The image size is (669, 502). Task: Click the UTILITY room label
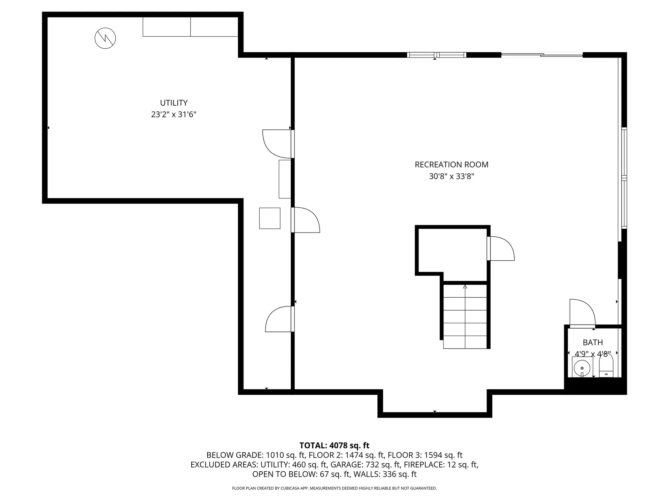pyautogui.click(x=174, y=103)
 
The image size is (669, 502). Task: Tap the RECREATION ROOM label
pyautogui.click(x=451, y=165)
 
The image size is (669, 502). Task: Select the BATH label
pyautogui.click(x=592, y=342)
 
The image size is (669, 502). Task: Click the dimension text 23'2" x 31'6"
pyautogui.click(x=174, y=114)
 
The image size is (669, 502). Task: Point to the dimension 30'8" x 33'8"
pyautogui.click(x=451, y=176)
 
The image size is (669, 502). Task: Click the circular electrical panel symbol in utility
pyautogui.click(x=105, y=38)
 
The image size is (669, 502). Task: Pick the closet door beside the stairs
pyautogui.click(x=501, y=248)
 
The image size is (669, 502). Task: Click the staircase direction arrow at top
pyautogui.click(x=465, y=287)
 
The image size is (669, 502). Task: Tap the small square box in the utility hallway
pyautogui.click(x=270, y=218)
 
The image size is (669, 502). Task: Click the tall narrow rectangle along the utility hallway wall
pyautogui.click(x=285, y=179)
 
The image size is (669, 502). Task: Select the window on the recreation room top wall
pyautogui.click(x=436, y=55)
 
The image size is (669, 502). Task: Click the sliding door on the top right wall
pyautogui.click(x=542, y=54)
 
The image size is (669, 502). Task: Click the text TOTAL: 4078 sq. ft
pyautogui.click(x=334, y=445)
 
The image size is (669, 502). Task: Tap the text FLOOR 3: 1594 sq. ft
pyautogui.click(x=425, y=455)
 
